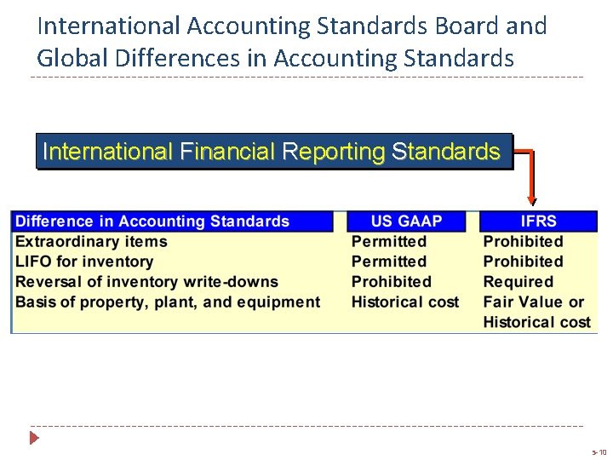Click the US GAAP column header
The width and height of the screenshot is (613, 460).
click(406, 221)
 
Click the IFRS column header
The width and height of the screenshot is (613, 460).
click(537, 221)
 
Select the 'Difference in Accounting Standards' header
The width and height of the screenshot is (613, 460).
click(153, 221)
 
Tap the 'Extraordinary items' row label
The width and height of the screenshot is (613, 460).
click(91, 242)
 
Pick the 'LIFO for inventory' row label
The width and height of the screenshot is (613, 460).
click(84, 262)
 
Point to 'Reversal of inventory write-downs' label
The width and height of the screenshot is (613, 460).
click(146, 282)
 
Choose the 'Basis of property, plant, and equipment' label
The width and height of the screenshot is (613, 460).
click(168, 302)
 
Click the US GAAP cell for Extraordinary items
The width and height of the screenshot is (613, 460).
click(389, 242)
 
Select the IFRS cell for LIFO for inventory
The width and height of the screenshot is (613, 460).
click(524, 262)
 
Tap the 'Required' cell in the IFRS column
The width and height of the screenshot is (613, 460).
click(518, 282)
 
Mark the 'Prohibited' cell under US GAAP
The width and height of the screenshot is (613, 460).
click(392, 282)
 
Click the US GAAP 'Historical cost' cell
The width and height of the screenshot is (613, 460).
click(405, 302)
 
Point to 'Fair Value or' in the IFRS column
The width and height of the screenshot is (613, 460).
click(534, 302)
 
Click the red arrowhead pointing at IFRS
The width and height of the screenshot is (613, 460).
click(532, 200)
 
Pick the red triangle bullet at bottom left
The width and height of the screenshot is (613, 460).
click(35, 439)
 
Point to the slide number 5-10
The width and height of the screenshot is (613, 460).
click(598, 452)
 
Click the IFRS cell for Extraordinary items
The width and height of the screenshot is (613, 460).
click(524, 242)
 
